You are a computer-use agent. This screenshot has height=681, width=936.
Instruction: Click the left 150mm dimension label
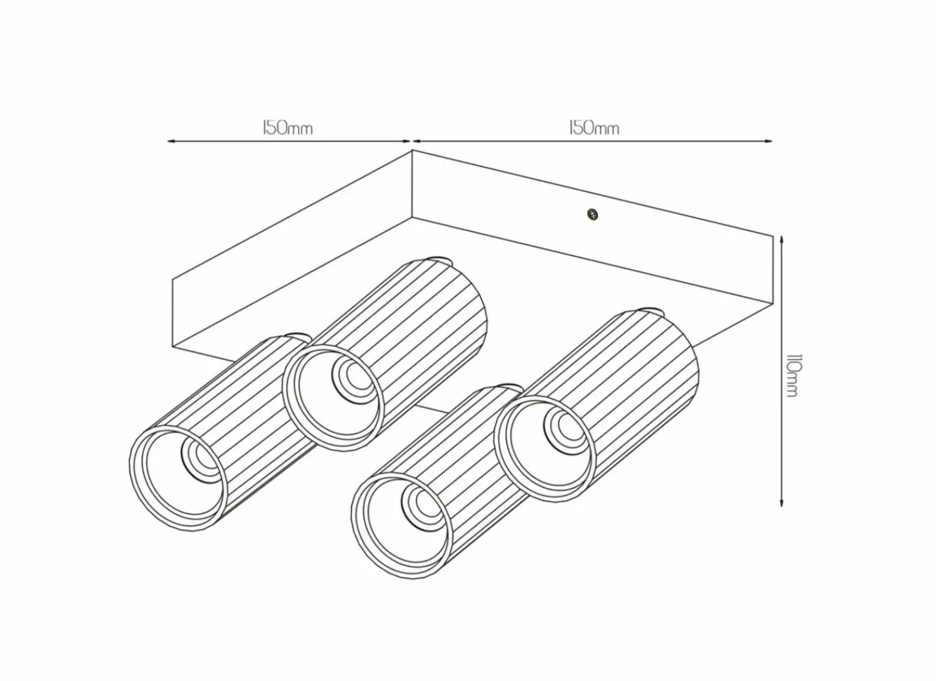click(x=287, y=128)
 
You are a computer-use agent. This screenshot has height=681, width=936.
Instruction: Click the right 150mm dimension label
click(x=594, y=128)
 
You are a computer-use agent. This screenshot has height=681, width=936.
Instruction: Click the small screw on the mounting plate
click(x=591, y=214)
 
